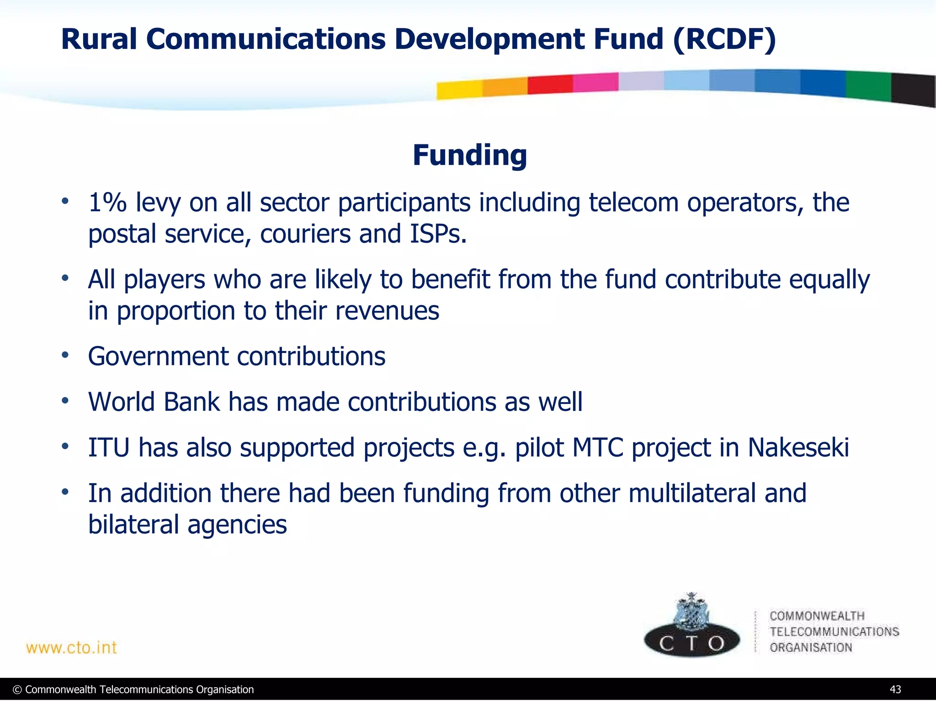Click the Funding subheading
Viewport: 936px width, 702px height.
(469, 155)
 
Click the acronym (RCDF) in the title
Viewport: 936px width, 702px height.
(724, 39)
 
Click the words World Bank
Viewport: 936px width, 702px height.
(154, 402)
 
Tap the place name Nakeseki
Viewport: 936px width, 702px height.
(798, 447)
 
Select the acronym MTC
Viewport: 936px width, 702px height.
(598, 447)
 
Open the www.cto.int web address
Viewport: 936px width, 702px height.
(72, 648)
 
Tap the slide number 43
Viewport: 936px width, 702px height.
(895, 690)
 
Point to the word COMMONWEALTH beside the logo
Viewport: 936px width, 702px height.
(817, 616)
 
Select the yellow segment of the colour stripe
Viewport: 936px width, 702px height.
(459, 90)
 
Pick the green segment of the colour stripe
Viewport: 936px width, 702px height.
(868, 85)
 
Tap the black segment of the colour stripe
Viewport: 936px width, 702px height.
(913, 90)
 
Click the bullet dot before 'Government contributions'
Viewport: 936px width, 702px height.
(65, 355)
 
